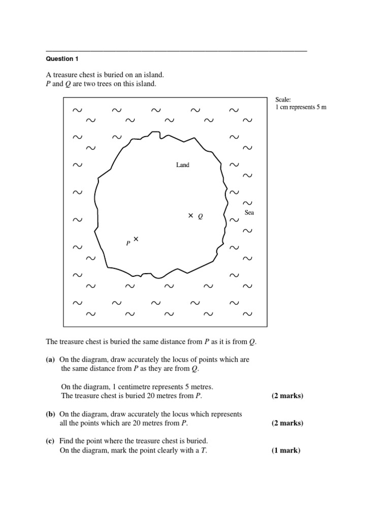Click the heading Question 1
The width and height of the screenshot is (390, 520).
tap(59, 59)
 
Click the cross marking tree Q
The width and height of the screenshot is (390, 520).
tap(191, 216)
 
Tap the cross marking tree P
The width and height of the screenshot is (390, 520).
tap(136, 239)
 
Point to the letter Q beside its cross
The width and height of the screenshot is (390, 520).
tap(201, 216)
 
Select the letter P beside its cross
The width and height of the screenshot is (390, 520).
tap(128, 244)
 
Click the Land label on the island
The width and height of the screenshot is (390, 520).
tap(182, 165)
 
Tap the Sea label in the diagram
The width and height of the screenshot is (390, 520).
tap(249, 213)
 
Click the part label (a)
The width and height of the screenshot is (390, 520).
tap(50, 360)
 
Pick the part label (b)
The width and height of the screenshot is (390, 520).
tap(50, 414)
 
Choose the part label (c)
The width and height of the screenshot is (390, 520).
tap(50, 441)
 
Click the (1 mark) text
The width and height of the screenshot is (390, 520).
tap(286, 450)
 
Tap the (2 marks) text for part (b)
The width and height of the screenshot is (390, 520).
tap(287, 423)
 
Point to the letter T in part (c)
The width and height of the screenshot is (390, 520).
tap(204, 450)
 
